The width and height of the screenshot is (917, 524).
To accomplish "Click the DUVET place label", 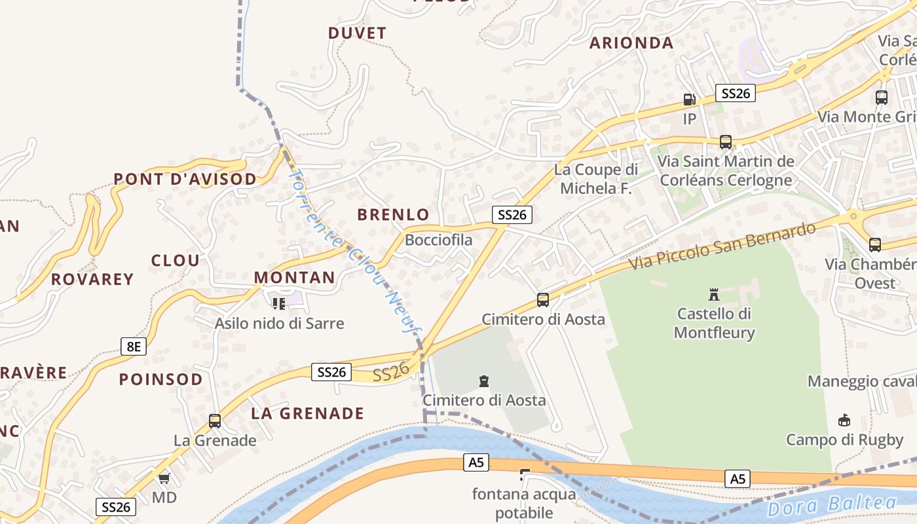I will pyautogui.click(x=357, y=33).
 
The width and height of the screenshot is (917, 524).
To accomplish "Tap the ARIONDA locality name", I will pyautogui.click(x=631, y=43).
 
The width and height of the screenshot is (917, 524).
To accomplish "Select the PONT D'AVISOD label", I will pyautogui.click(x=185, y=179).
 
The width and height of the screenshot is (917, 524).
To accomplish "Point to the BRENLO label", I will pyautogui.click(x=393, y=214).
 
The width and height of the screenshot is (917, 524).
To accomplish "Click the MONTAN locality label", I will pyautogui.click(x=295, y=277).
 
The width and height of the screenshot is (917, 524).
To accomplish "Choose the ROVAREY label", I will pyautogui.click(x=92, y=279).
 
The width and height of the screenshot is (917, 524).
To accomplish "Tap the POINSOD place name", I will pyautogui.click(x=161, y=379).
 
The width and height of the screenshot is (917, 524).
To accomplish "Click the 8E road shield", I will pyautogui.click(x=133, y=346).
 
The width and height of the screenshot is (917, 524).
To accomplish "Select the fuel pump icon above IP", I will pyautogui.click(x=689, y=100).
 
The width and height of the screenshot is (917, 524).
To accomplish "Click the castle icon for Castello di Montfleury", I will pyautogui.click(x=714, y=294).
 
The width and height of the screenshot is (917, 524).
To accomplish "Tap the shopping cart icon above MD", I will pyautogui.click(x=164, y=479).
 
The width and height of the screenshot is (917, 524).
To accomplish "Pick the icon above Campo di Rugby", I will pyautogui.click(x=844, y=420).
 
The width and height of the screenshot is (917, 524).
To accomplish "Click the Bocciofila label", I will pyautogui.click(x=438, y=240).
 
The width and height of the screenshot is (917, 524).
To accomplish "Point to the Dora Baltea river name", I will pyautogui.click(x=832, y=505).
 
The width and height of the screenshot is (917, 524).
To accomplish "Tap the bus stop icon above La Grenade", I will pyautogui.click(x=215, y=421).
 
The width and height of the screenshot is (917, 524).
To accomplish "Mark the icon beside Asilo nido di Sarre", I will pyautogui.click(x=279, y=303).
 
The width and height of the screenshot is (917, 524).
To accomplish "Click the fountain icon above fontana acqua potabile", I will pyautogui.click(x=524, y=474).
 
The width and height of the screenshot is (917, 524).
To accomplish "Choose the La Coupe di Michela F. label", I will pyautogui.click(x=596, y=179).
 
